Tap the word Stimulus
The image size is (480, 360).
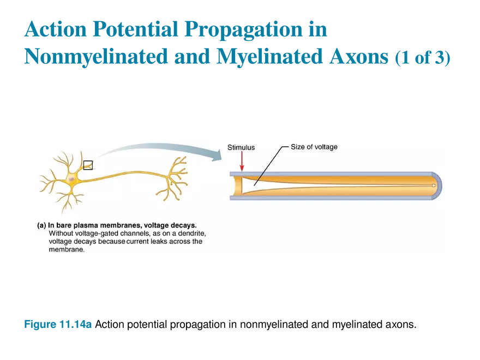tap(241, 147)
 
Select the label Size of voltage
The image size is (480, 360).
tap(314, 147)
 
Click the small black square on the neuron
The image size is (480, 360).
tap(88, 165)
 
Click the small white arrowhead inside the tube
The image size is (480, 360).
tap(434, 186)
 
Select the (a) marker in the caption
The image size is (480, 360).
tap(41, 225)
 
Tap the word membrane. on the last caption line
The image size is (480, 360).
tap(67, 249)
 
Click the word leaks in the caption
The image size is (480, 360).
tap(154, 241)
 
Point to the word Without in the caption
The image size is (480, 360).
tap(60, 233)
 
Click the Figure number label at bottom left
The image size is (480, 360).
tap(57, 324)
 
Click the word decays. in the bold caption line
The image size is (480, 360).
tap(183, 225)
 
